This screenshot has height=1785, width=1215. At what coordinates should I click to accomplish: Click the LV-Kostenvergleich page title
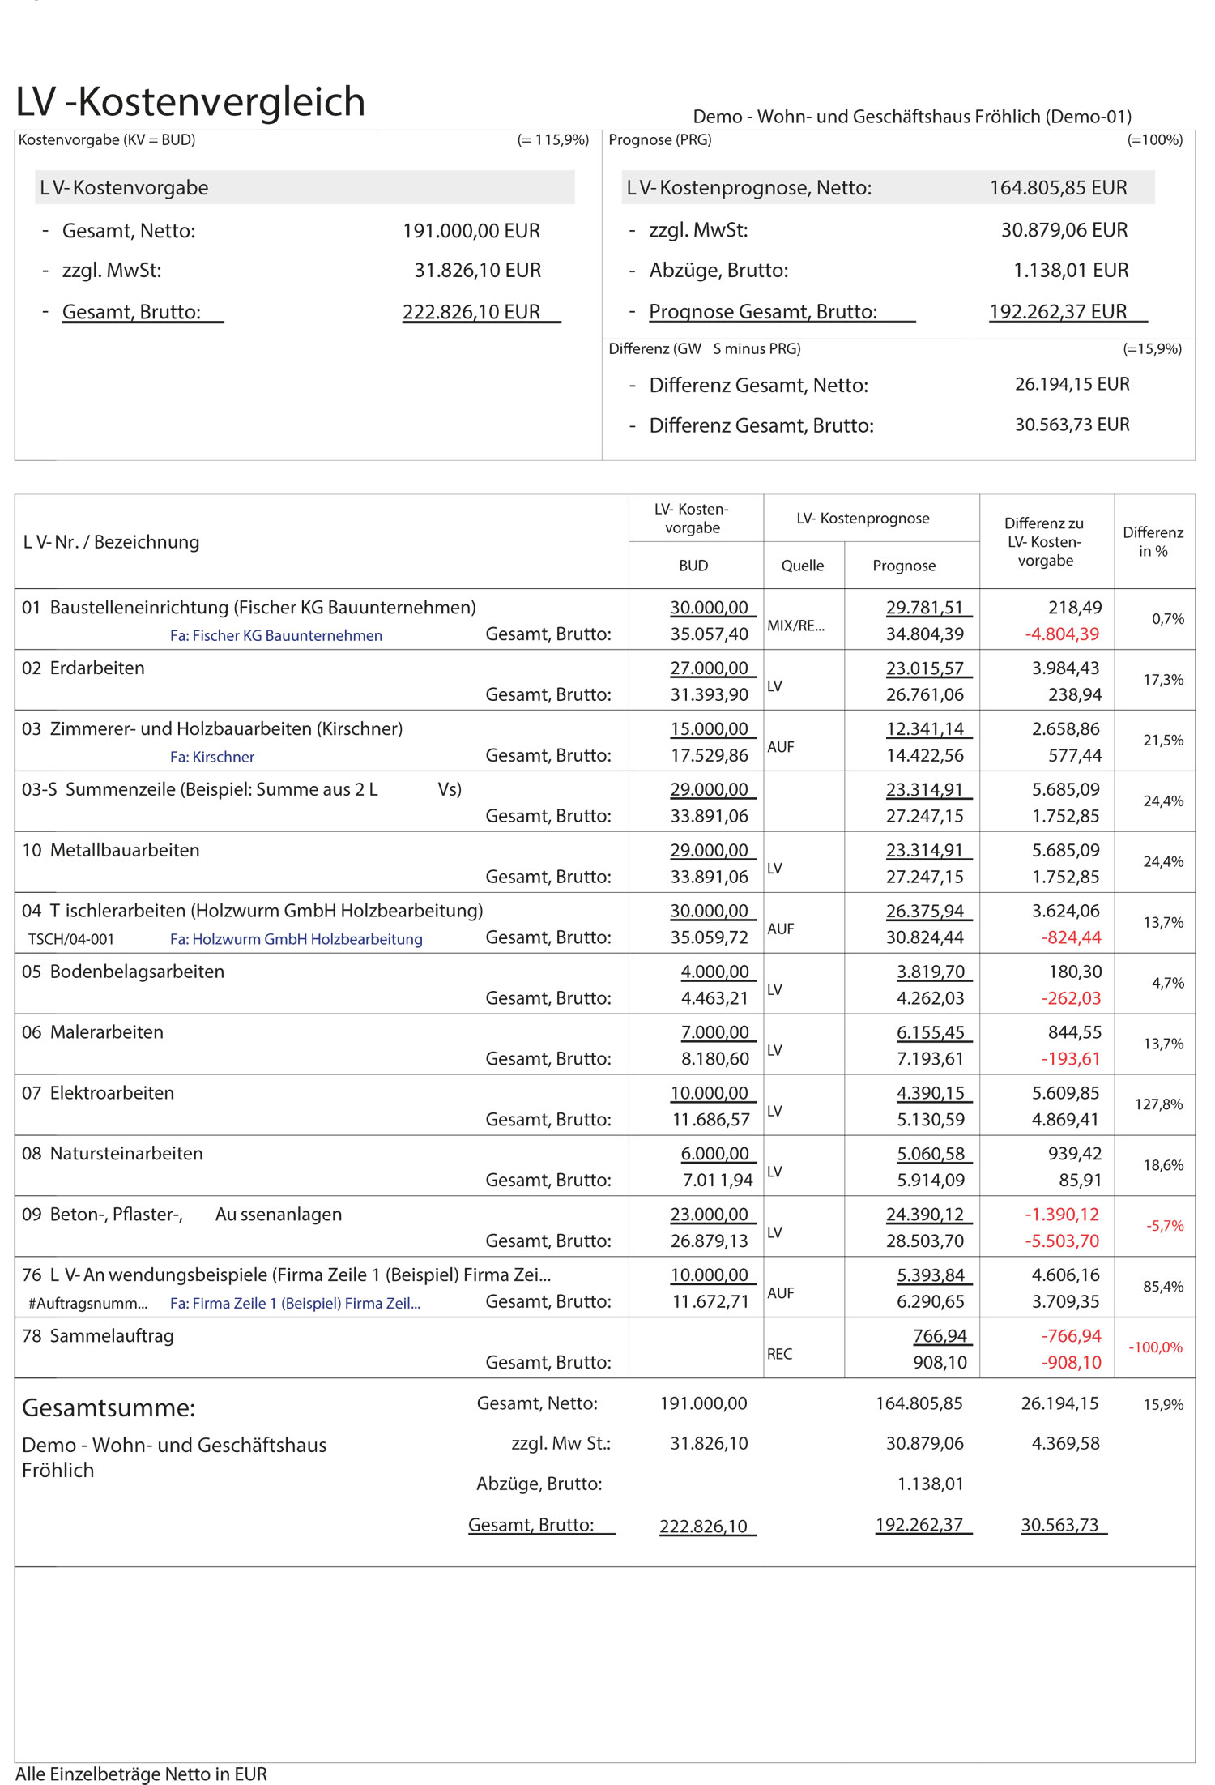pyautogui.click(x=190, y=102)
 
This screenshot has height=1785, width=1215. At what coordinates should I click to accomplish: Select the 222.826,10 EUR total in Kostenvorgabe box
pyautogui.click(x=471, y=312)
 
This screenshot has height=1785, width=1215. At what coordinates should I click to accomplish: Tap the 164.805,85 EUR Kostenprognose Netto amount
pyautogui.click(x=1058, y=188)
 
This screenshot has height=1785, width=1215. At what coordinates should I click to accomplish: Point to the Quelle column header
pyautogui.click(x=802, y=566)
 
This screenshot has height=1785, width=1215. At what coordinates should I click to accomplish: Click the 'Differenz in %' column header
pyautogui.click(x=1153, y=541)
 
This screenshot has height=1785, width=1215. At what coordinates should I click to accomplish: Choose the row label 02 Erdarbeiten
pyautogui.click(x=83, y=668)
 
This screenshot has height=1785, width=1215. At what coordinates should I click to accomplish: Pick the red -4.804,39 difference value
pyautogui.click(x=1062, y=634)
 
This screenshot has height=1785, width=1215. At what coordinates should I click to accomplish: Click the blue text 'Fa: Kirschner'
pyautogui.click(x=212, y=757)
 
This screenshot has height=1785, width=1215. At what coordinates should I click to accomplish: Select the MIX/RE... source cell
pyautogui.click(x=795, y=626)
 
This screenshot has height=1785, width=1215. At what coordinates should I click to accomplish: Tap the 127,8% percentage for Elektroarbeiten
pyautogui.click(x=1158, y=1104)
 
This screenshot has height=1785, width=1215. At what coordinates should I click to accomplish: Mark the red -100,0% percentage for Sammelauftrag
pyautogui.click(x=1155, y=1347)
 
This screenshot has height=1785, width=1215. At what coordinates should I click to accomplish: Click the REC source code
pyautogui.click(x=779, y=1354)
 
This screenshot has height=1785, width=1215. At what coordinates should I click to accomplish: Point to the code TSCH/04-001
pyautogui.click(x=71, y=939)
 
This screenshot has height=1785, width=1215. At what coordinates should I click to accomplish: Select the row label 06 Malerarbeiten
pyautogui.click(x=93, y=1032)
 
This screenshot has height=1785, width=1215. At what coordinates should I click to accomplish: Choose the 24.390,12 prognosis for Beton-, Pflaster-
pyautogui.click(x=924, y=1215)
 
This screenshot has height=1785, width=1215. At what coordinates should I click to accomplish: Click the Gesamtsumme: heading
pyautogui.click(x=109, y=1408)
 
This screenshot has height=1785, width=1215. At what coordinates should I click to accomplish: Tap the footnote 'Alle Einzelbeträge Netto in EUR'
pyautogui.click(x=141, y=1774)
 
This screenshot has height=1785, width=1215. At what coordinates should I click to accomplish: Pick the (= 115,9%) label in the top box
pyautogui.click(x=552, y=140)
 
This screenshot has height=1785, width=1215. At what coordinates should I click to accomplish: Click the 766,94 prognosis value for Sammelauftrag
pyautogui.click(x=940, y=1336)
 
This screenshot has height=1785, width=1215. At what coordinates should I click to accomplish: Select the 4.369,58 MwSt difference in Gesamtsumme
pyautogui.click(x=1065, y=1443)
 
